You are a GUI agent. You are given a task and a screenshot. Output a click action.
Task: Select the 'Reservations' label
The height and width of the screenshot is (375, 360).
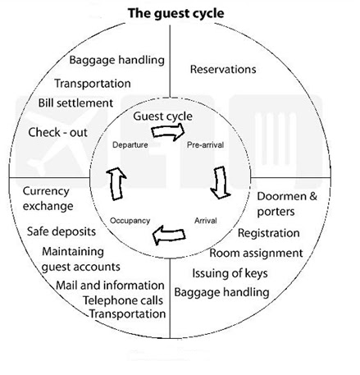pyautogui.click(x=222, y=70)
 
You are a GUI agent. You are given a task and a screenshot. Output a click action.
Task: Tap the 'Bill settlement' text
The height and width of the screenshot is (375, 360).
pyautogui.click(x=75, y=103)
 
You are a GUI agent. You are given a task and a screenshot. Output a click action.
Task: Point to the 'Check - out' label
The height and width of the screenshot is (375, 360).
pyautogui.click(x=60, y=131)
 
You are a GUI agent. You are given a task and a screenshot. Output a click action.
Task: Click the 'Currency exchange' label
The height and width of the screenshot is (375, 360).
pyautogui.click(x=48, y=198)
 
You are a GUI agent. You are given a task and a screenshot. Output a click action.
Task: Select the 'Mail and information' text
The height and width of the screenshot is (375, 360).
pyautogui.click(x=110, y=285)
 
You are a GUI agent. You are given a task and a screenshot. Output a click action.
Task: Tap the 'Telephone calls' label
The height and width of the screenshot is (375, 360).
pyautogui.click(x=123, y=300)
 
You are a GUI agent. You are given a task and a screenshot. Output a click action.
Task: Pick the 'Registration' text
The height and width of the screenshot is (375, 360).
pyautogui.click(x=268, y=233)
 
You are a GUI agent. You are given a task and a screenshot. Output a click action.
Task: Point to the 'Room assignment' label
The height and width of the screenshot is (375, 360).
pyautogui.click(x=255, y=253)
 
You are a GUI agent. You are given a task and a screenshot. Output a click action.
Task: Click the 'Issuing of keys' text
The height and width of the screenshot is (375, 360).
pyautogui.click(x=230, y=272)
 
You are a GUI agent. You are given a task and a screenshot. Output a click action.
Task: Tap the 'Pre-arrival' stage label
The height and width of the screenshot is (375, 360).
pyautogui.click(x=205, y=144)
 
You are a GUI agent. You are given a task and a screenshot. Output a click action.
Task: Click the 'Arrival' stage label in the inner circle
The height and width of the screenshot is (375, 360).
pyautogui.click(x=205, y=221)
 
